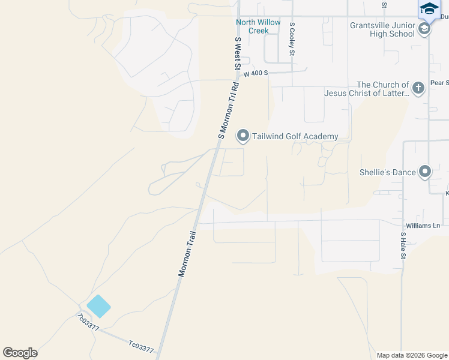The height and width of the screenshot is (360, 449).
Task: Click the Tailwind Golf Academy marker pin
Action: point(243,136)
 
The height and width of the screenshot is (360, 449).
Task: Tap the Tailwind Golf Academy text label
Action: point(295,137)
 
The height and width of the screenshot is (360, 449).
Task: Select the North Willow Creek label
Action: point(258,26)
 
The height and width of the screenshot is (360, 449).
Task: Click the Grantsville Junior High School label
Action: point(382,29)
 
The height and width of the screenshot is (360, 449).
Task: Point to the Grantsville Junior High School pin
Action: point(424,29)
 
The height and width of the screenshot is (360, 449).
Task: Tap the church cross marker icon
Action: point(418,89)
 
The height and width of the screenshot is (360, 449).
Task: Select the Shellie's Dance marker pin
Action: point(425,172)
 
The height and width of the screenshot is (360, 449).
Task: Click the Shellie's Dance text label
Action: point(387,173)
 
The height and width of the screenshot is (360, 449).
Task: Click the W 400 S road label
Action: point(255,73)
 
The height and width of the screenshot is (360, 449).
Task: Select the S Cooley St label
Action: point(292,40)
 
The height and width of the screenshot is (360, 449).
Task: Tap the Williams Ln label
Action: point(423,226)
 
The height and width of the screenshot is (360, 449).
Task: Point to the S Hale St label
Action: point(403,247)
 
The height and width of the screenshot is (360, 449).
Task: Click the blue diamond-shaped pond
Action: point(98,306)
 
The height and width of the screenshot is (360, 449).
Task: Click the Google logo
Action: point(20,353)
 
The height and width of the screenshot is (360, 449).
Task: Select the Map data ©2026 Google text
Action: point(411,355)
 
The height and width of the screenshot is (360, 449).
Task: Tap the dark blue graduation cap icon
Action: point(429,8)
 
